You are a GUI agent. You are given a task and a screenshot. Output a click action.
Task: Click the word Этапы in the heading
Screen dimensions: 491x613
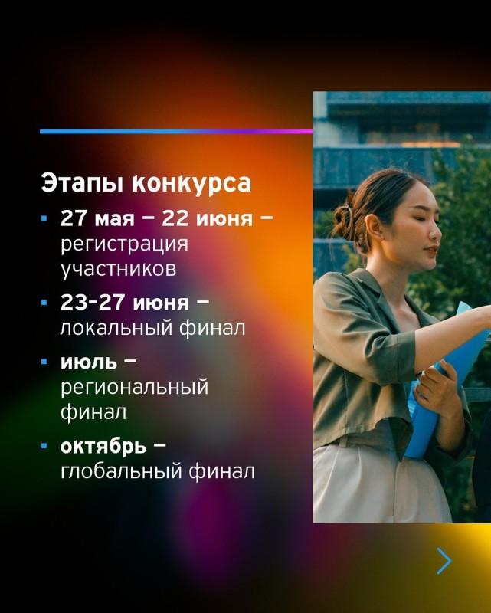(x=83, y=183)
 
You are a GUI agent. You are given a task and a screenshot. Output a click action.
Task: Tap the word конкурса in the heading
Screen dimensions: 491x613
(x=191, y=183)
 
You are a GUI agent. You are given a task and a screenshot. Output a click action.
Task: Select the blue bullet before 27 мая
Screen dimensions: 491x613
(x=44, y=218)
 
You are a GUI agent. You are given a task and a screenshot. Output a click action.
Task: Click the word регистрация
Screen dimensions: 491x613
(x=124, y=244)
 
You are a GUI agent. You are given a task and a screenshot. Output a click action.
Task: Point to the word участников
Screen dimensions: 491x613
(x=119, y=269)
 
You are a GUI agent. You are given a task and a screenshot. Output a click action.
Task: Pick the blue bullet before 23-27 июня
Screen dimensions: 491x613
(x=44, y=302)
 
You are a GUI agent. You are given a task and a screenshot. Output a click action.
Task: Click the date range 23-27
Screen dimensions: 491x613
(x=93, y=302)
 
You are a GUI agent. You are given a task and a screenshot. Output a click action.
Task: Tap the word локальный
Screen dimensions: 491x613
(x=116, y=328)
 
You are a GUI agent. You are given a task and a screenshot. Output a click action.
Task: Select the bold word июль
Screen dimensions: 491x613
(x=89, y=362)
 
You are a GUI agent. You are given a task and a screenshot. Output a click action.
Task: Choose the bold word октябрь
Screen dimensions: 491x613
(x=103, y=446)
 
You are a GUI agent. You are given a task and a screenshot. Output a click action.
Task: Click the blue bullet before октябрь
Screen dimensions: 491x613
(x=44, y=446)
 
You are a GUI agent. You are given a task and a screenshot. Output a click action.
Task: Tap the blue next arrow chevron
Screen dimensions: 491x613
(x=445, y=561)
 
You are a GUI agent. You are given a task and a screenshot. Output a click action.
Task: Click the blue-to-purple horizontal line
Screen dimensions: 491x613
(x=176, y=132)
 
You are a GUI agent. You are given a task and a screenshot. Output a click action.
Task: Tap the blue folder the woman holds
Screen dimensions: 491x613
(x=446, y=375)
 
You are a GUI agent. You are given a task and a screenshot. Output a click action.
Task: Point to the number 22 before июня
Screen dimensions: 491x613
(x=175, y=218)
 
